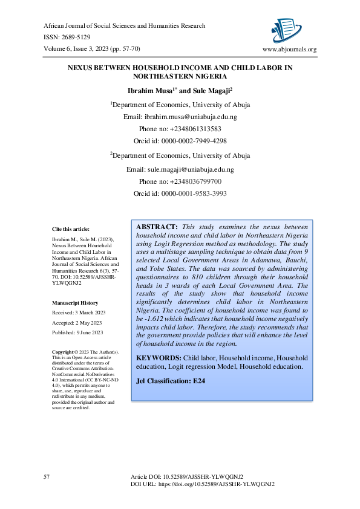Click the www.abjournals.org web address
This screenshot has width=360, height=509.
pos(289,50)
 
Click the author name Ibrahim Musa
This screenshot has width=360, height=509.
pos(154,91)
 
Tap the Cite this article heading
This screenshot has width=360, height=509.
pos(71,229)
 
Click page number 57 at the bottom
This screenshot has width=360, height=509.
pos(47,478)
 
